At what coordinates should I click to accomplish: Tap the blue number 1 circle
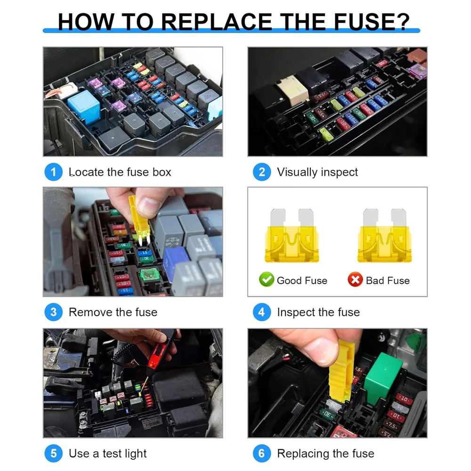pyautogui.click(x=53, y=172)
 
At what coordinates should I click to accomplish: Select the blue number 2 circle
pyautogui.click(x=261, y=172)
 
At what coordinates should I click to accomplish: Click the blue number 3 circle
pyautogui.click(x=53, y=312)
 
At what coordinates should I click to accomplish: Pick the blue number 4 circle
pyautogui.click(x=261, y=312)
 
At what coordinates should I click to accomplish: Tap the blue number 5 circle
pyautogui.click(x=53, y=454)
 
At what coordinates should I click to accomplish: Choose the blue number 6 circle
pyautogui.click(x=261, y=454)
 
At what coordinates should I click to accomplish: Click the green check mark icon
pyautogui.click(x=267, y=280)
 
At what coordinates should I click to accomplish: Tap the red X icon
pyautogui.click(x=355, y=280)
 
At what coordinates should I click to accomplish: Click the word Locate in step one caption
pyautogui.click(x=86, y=172)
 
